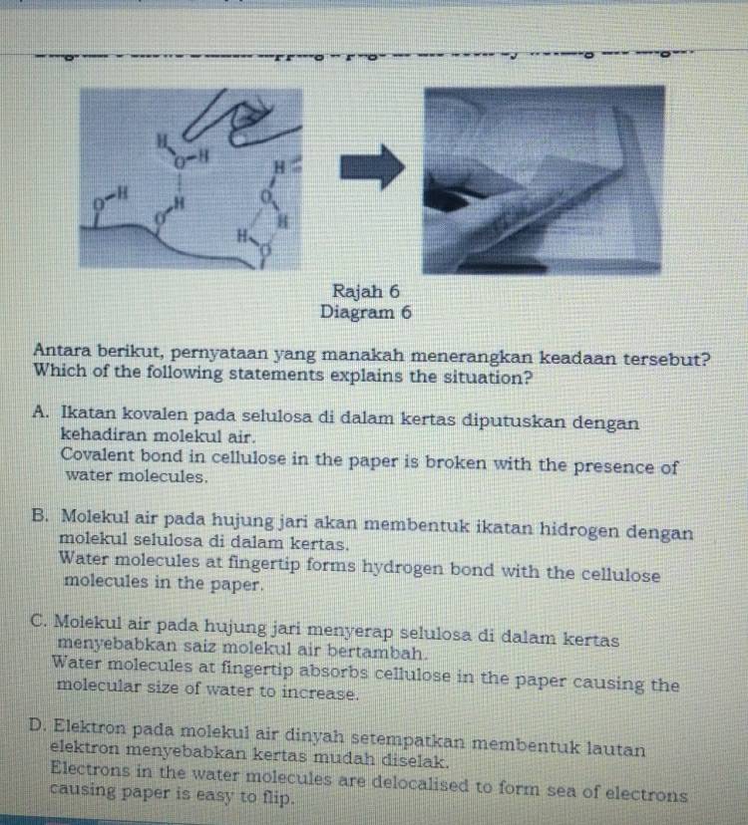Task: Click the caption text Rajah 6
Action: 367,292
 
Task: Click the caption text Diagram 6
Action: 366,312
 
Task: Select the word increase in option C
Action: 319,691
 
